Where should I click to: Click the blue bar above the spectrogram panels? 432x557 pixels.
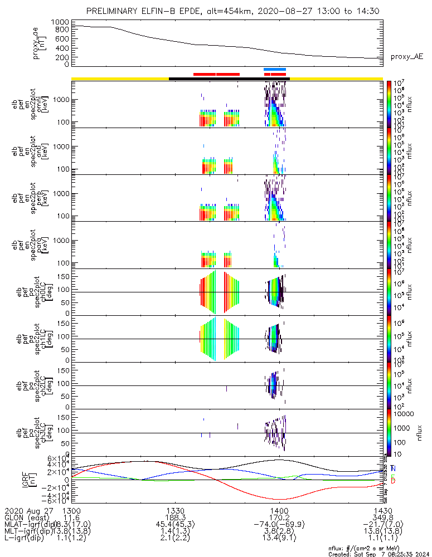[275, 70]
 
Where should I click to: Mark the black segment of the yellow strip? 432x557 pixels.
[229, 79]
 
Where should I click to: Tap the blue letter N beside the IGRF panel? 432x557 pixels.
[393, 468]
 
